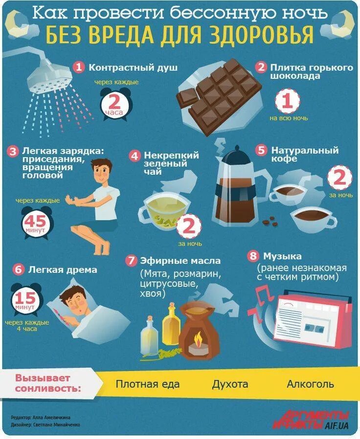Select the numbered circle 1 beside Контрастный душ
pos(79,67)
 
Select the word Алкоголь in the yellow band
pos(310,384)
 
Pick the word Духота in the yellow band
pos(230,384)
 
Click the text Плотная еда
pos(147,384)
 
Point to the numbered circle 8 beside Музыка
pos(253,256)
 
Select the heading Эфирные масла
pos(180,261)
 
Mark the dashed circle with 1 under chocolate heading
pos(287,102)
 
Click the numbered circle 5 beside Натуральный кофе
pos(262,150)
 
